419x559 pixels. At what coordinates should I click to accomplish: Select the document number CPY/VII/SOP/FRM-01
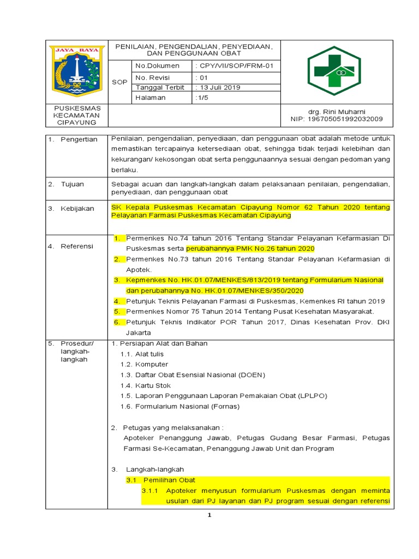pyautogui.click(x=235, y=66)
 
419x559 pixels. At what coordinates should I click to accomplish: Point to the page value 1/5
pyautogui.click(x=203, y=98)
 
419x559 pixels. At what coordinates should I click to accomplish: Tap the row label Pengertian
pyautogui.click(x=79, y=139)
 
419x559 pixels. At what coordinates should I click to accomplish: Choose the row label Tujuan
pyautogui.click(x=74, y=184)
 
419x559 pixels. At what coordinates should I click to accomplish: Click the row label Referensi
pyautogui.click(x=77, y=246)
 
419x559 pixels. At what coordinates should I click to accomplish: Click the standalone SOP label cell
pyautogui.click(x=119, y=82)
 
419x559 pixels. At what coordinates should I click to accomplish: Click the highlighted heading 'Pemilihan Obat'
pyautogui.click(x=169, y=480)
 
